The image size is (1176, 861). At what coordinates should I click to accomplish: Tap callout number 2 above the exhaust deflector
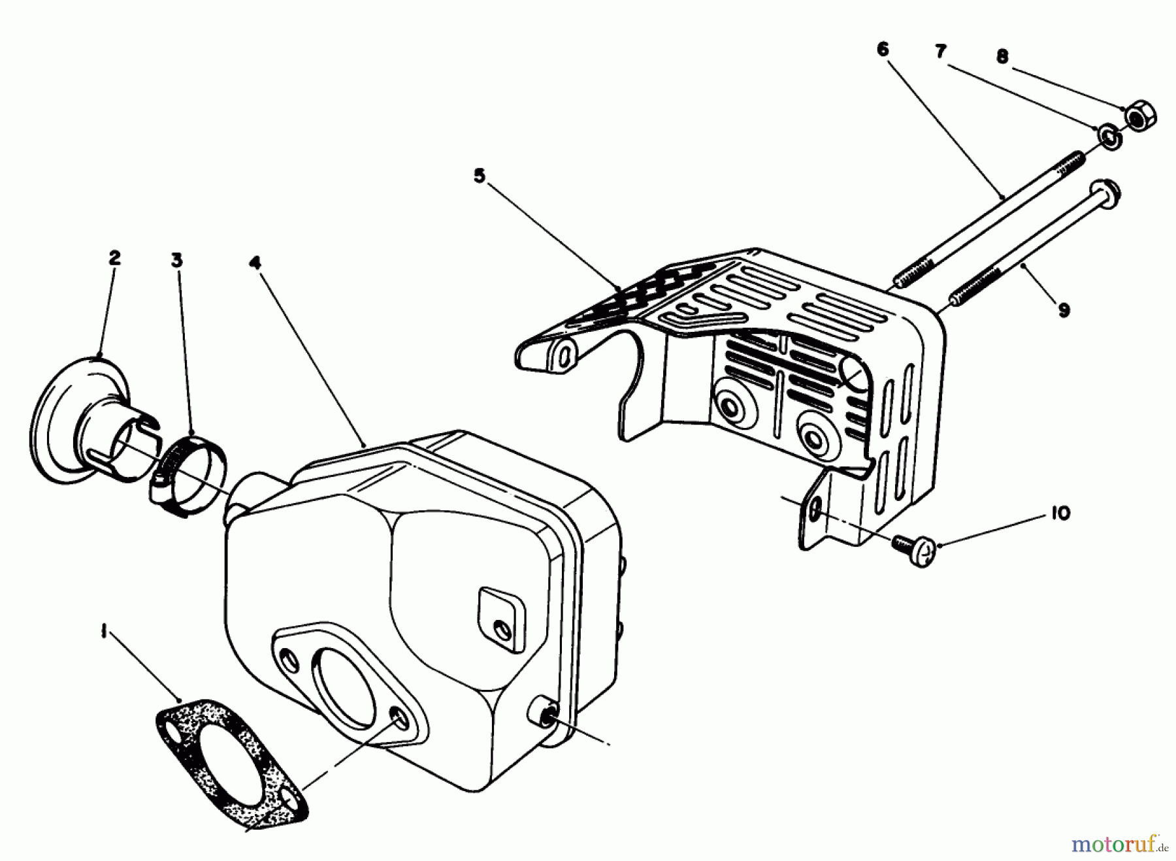pyautogui.click(x=114, y=259)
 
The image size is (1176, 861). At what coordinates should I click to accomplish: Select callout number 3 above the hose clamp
pyautogui.click(x=177, y=261)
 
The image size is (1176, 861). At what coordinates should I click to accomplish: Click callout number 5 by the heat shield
pyautogui.click(x=480, y=177)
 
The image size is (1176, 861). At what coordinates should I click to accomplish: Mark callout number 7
pyautogui.click(x=941, y=52)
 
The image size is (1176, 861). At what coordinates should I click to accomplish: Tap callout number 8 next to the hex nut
pyautogui.click(x=1003, y=57)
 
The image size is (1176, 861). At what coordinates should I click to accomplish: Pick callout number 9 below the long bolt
pyautogui.click(x=1064, y=310)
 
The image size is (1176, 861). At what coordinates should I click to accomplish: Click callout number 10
pyautogui.click(x=1062, y=513)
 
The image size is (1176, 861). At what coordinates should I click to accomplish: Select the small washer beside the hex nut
pyautogui.click(x=1109, y=138)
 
